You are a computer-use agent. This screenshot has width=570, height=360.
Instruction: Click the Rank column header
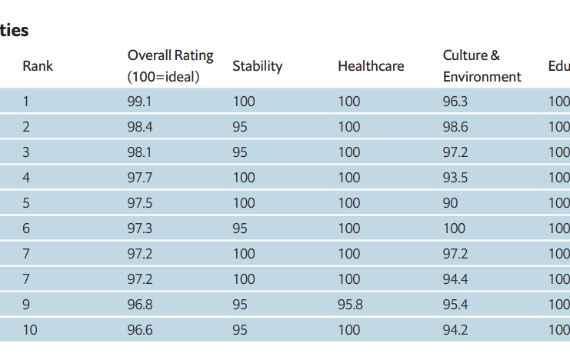[38, 66]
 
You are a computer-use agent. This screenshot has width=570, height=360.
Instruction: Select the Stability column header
[258, 67]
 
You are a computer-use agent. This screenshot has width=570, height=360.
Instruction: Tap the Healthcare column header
[371, 66]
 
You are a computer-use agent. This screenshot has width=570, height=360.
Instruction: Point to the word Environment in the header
[482, 77]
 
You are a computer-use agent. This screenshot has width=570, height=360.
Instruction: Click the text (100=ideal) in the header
[164, 77]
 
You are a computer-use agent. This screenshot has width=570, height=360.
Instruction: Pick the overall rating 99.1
[139, 102]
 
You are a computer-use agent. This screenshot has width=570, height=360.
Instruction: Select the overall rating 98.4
[140, 127]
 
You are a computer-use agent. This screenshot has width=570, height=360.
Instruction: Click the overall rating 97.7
[140, 178]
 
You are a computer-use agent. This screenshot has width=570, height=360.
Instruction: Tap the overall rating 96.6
[140, 330]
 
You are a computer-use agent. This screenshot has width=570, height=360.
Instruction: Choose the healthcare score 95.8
[350, 305]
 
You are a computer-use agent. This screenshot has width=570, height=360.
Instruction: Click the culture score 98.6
[455, 127]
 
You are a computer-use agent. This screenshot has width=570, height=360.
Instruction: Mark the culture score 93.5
[455, 178]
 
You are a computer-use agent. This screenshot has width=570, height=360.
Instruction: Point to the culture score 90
[451, 203]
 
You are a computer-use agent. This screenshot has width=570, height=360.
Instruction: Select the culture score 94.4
[455, 279]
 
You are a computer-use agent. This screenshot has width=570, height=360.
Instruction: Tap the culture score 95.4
[455, 305]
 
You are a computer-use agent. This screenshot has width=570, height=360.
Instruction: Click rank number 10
[30, 330]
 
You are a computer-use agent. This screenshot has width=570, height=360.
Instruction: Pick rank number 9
[26, 305]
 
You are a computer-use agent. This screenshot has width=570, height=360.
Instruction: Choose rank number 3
[26, 152]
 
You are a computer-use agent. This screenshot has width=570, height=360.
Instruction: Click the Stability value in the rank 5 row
[244, 203]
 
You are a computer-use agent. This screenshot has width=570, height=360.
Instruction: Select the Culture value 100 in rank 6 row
[454, 228]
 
